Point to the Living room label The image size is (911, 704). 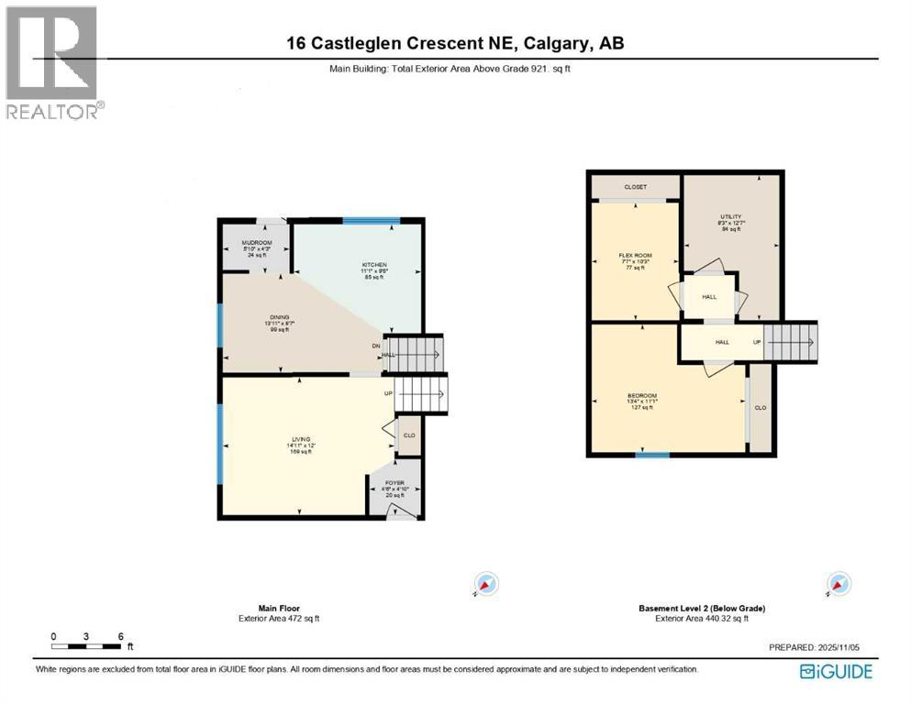coord(301,440)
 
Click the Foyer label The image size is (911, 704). coord(394,482)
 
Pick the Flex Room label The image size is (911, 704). coord(634,257)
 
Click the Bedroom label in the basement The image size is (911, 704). coord(643,396)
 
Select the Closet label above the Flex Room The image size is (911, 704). coord(635,187)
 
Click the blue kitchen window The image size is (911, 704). coord(371,220)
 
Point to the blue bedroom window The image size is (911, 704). coord(652,455)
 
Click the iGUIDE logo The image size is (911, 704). coord(836,672)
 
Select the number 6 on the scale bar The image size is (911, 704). coord(120,636)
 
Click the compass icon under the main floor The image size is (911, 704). coord(485,584)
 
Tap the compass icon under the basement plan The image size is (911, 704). coord(837,584)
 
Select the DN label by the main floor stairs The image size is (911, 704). coord(375,346)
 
